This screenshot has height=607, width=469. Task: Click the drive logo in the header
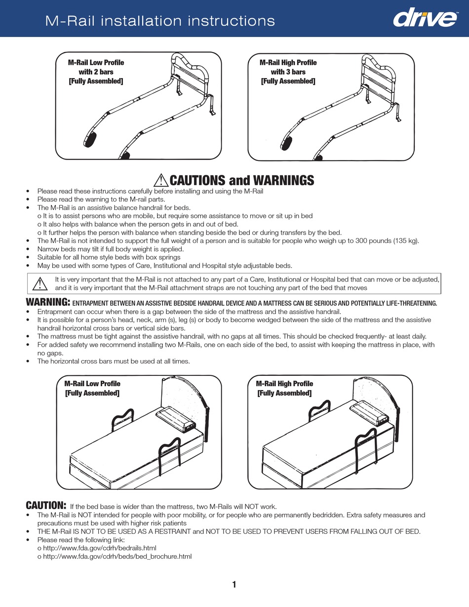[424, 19]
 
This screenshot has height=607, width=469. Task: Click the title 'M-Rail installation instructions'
[160, 21]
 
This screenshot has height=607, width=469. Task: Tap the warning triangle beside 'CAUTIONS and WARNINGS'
[161, 181]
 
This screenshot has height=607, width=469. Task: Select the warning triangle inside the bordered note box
[39, 283]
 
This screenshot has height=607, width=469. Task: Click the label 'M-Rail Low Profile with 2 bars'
[96, 72]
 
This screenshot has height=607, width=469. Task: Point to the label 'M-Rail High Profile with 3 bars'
[288, 72]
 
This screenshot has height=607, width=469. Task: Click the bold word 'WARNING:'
[47, 302]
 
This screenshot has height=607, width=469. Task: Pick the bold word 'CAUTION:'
[45, 505]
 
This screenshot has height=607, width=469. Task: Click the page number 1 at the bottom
[234, 585]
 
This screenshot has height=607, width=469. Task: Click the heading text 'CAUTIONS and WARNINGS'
[242, 181]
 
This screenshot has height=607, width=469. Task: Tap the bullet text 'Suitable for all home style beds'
[109, 257]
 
